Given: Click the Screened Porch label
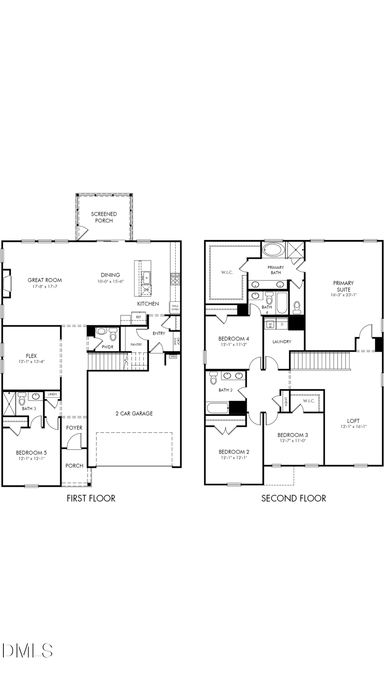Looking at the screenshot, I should tap(104, 217).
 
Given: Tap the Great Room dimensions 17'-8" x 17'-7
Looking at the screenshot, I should tap(45, 286).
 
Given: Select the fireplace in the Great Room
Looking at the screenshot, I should tap(7, 283).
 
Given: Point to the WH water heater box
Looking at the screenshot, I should tap(173, 356).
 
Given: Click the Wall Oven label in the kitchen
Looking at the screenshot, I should tap(175, 307).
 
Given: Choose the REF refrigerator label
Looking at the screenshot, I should tap(139, 317).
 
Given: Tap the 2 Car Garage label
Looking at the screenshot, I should tap(134, 413).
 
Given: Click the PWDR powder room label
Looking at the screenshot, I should tap(108, 347).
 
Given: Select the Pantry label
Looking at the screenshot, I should tap(136, 344).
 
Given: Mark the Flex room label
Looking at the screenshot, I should tap(31, 355).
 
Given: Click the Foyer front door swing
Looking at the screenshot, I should tap(75, 441).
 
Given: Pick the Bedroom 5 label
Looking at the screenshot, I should tap(32, 453).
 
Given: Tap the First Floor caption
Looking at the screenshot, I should tap(91, 498).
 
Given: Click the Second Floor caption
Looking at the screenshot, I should tap(294, 498).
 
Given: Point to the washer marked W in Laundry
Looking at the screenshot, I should tap(270, 324).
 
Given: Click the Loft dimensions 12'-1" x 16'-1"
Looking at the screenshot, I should tap(353, 426).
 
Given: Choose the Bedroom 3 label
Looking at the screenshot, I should tap(293, 435).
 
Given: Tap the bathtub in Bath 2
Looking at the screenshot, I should tap(218, 408).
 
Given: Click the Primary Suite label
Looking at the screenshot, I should tap(343, 286).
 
